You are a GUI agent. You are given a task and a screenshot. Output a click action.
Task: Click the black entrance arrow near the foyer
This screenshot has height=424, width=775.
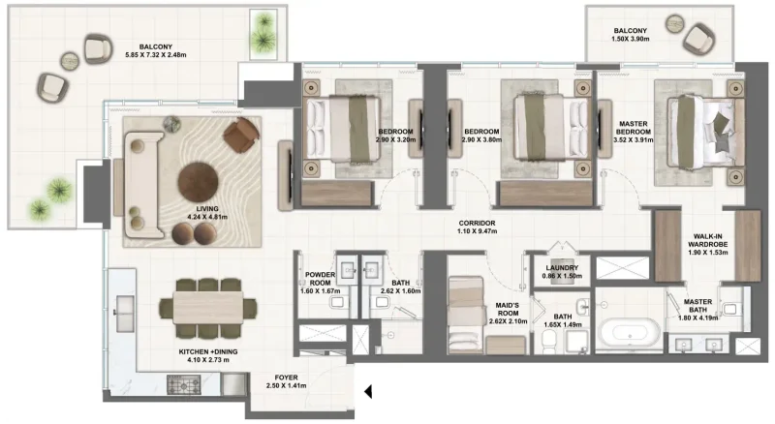(x=368, y=391)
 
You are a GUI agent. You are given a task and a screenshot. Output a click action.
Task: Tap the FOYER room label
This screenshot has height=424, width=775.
(x=285, y=378)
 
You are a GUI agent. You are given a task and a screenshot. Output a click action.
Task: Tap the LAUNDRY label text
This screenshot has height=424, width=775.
(x=562, y=268)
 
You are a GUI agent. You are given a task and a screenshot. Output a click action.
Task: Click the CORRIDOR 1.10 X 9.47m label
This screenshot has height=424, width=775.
(x=479, y=227)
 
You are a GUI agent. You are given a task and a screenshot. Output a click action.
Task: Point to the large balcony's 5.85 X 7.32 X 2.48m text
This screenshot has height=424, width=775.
(x=157, y=54)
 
